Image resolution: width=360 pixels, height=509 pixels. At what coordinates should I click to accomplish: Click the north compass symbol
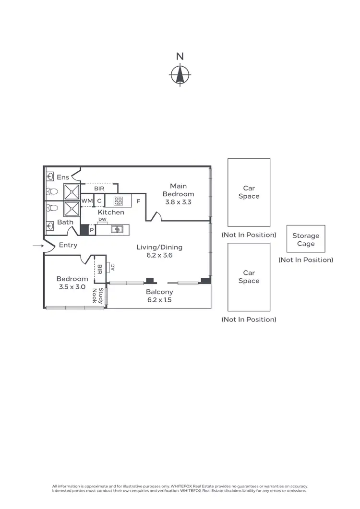[x=180, y=74]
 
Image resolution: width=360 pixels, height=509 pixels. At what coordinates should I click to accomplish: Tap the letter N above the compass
[x=180, y=56]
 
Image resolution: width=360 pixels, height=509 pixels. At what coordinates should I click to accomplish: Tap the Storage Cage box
[x=306, y=239]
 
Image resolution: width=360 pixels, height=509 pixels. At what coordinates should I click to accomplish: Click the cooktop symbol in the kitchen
[x=118, y=201]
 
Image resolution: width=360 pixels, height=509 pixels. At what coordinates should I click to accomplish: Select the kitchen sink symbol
[x=116, y=230]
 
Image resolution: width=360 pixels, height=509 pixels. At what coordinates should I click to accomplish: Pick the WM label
[x=86, y=201]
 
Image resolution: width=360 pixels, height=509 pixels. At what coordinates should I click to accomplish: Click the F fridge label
[x=138, y=201]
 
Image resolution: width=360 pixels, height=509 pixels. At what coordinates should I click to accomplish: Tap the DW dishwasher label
[x=102, y=220]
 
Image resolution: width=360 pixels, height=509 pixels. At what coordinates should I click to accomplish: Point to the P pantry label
[x=92, y=230]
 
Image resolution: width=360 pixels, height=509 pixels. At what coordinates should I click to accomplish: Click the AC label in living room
[x=113, y=268]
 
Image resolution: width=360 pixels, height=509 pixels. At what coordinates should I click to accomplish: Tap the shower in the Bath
[x=72, y=209]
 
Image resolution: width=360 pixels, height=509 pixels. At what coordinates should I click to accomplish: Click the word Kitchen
[x=111, y=212]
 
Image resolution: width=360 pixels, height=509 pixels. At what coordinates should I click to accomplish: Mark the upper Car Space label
[x=249, y=192]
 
